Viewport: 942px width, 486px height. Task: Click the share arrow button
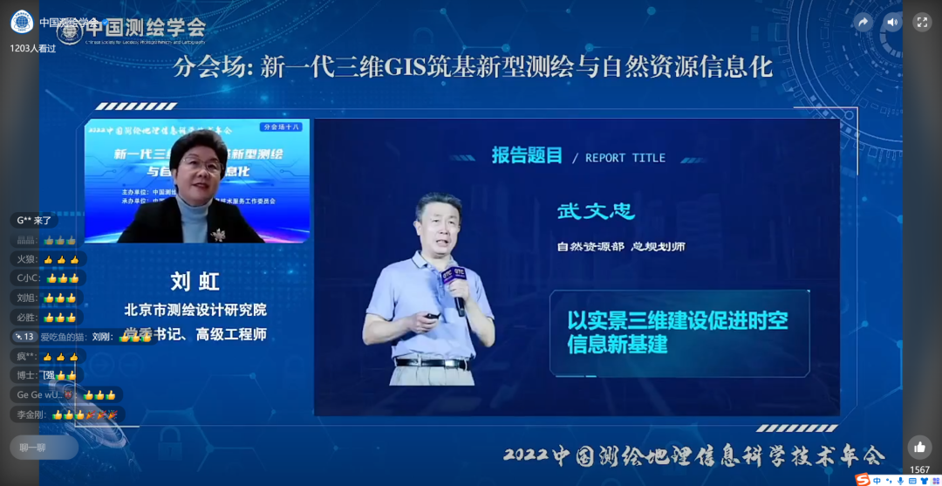863,23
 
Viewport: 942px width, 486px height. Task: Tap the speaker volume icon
892,23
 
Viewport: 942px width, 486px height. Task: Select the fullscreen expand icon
922,23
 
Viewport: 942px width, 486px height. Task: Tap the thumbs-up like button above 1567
919,447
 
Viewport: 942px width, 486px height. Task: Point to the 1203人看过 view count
33,49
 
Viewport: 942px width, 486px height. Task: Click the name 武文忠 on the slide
596,211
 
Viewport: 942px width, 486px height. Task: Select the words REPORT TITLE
625,158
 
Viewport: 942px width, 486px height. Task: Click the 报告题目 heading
527,156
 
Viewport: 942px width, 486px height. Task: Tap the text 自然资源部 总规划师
621,247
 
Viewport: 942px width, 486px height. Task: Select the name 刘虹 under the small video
195,281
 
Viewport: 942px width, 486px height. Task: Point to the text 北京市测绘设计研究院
195,309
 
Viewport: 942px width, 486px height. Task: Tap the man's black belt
432,362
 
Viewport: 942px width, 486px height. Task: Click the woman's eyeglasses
200,165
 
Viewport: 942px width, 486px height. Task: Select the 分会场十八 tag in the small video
281,127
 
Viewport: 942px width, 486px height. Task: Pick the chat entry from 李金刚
65,414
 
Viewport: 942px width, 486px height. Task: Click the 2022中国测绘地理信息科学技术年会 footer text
693,455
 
